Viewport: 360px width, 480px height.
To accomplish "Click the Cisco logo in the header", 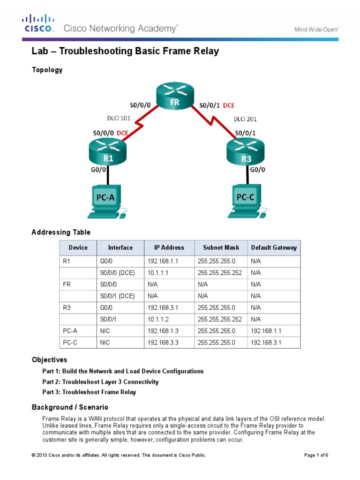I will click(x=39, y=23).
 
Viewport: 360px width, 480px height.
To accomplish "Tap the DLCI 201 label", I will click(x=245, y=119).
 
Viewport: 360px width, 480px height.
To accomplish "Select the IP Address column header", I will click(x=169, y=247).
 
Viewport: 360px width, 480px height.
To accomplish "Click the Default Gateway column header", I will click(x=274, y=247).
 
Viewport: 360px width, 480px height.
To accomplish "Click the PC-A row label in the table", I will click(x=69, y=331).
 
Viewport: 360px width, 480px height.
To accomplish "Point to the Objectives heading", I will click(x=49, y=360).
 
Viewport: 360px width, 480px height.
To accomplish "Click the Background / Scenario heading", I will click(x=70, y=407).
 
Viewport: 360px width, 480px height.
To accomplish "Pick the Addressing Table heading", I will click(x=61, y=232).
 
